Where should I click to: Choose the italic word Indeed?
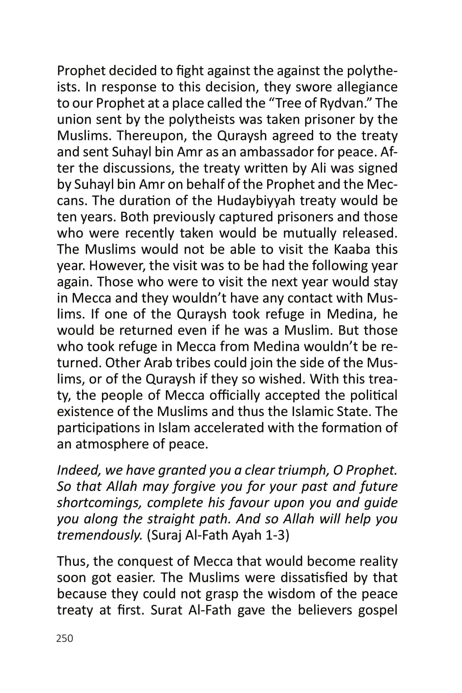(x=79, y=470)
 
